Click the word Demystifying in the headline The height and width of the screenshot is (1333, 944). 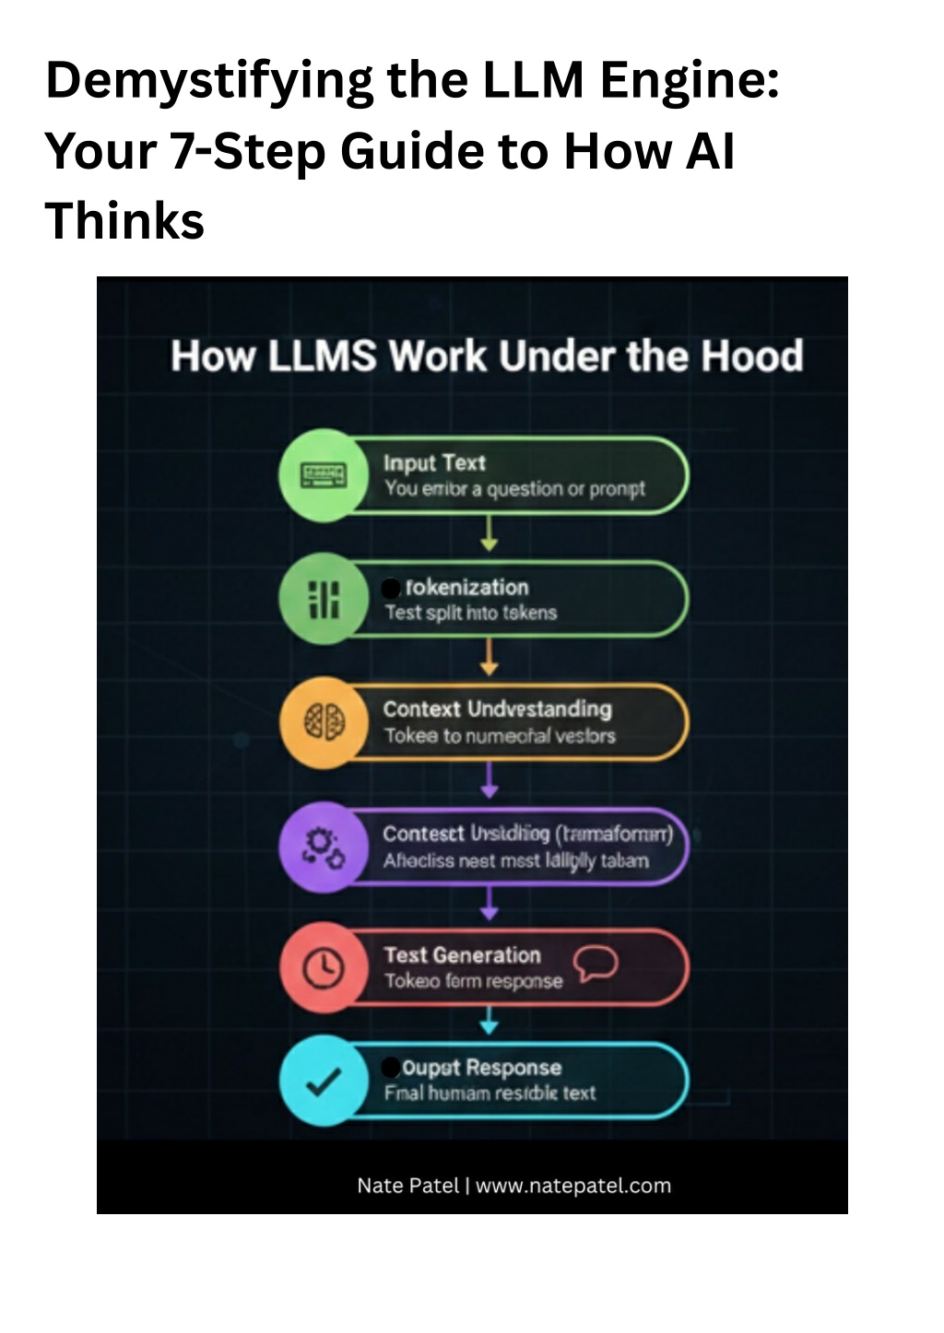210,81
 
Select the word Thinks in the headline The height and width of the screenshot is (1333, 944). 124,221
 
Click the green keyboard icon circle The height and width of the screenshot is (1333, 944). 323,475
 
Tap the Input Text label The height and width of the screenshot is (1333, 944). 434,462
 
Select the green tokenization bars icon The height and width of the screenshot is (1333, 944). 323,599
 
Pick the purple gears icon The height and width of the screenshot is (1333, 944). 324,846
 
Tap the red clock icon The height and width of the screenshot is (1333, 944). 324,967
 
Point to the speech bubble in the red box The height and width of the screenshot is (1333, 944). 596,964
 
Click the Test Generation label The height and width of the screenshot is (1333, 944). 462,955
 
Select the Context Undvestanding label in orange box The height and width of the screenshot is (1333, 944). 497,709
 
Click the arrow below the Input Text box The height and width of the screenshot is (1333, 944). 490,533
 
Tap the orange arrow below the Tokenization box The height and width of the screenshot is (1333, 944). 490,656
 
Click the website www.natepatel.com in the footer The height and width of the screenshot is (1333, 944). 573,1186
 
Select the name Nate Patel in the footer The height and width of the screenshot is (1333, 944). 407,1186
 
